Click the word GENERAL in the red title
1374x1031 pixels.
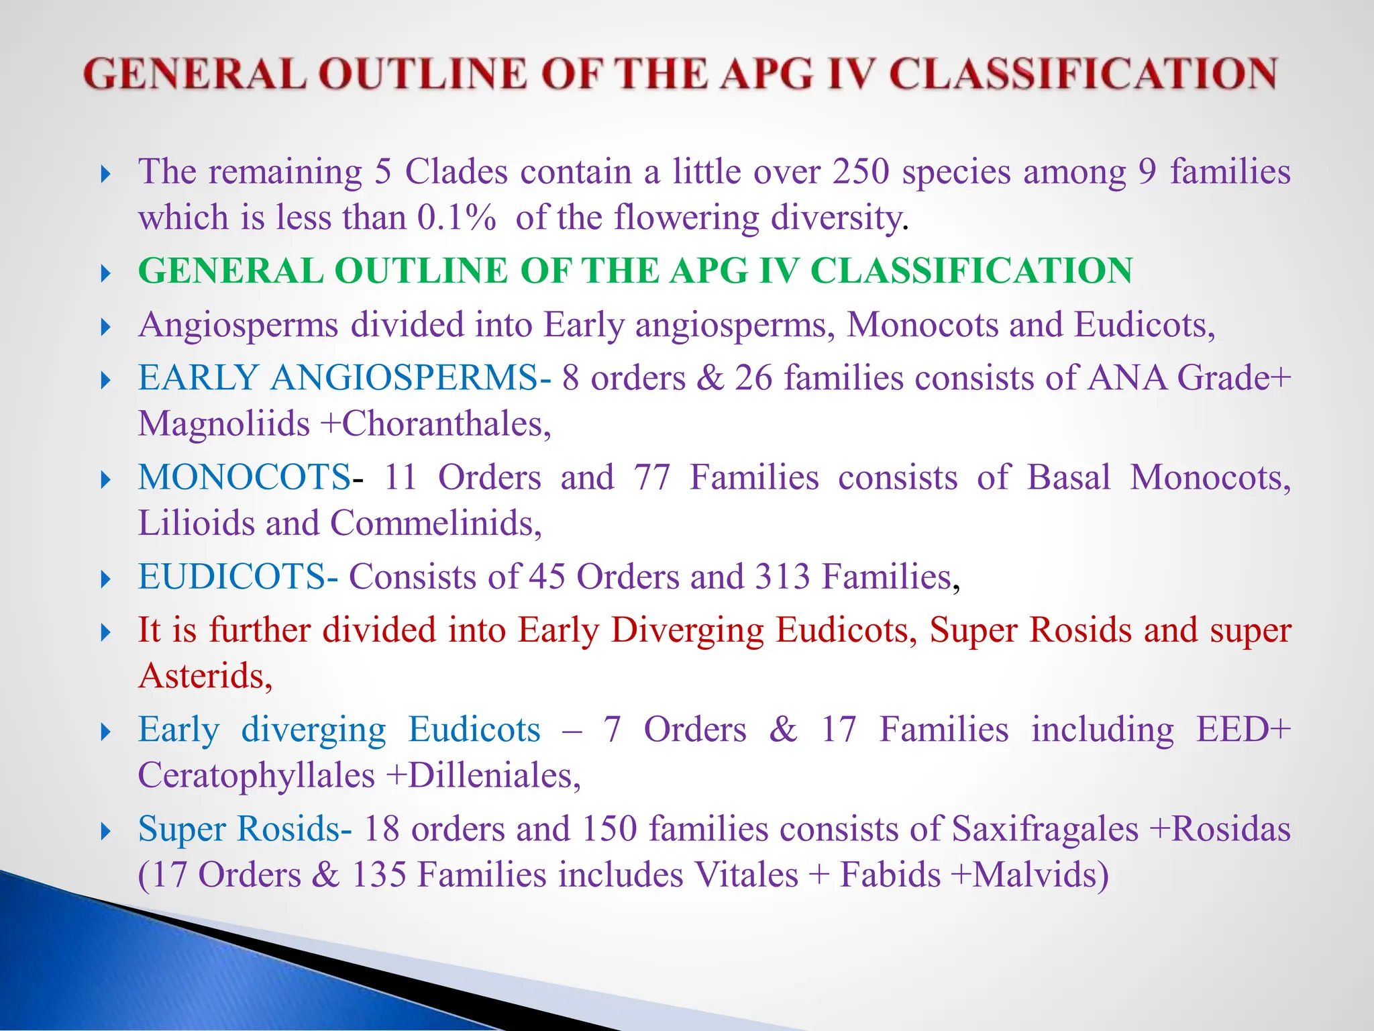coord(195,74)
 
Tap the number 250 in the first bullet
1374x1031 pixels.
coord(861,172)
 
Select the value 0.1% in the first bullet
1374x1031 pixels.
coord(456,218)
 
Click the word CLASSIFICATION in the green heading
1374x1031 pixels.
coord(971,271)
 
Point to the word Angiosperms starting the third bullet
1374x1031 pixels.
coord(238,326)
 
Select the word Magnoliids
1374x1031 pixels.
coord(223,424)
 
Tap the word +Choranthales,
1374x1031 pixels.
coord(436,424)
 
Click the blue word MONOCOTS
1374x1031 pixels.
coord(244,478)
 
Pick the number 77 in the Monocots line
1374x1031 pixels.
coord(652,478)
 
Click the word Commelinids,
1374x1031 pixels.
coord(436,524)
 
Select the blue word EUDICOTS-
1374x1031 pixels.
coord(238,577)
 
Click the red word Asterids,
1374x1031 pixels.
coord(205,676)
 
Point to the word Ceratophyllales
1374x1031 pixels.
coord(256,776)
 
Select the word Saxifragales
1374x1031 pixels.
coord(1045,830)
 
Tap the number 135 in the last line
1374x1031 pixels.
coord(379,875)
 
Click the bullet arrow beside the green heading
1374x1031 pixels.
coord(105,273)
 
